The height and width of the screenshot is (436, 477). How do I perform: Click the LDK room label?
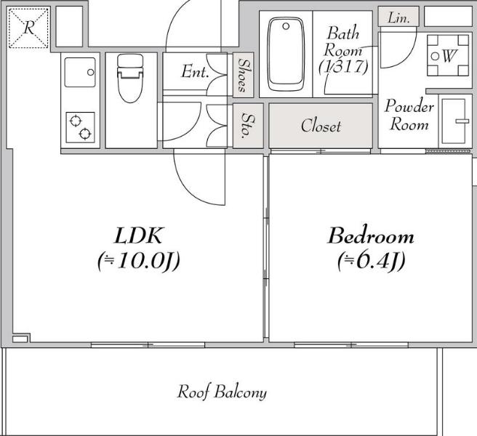point(138,235)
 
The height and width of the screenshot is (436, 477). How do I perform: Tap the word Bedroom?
point(371,236)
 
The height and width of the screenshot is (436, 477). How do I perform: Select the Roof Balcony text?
point(222,392)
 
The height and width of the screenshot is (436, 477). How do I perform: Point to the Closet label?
point(321,126)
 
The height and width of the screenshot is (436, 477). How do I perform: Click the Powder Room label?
point(409,115)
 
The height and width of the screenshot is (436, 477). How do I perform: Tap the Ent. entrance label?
point(195,71)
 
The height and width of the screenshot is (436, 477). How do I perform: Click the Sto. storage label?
point(248,126)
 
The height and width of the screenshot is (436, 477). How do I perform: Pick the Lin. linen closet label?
point(398,18)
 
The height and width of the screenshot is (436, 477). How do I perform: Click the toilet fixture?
point(130,78)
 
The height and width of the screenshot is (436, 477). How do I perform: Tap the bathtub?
point(285,54)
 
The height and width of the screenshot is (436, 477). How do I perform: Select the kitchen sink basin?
point(80,73)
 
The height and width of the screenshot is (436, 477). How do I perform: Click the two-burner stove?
point(80,127)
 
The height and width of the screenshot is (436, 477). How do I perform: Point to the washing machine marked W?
point(448,55)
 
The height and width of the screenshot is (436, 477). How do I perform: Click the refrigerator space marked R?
point(28,28)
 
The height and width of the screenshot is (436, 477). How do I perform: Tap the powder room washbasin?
point(454,121)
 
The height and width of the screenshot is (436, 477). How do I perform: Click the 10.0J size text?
point(139,261)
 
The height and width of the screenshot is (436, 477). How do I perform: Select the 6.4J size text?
point(372,261)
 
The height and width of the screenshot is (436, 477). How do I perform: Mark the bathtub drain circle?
point(286,26)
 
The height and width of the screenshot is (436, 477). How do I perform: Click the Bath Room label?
point(343,49)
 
